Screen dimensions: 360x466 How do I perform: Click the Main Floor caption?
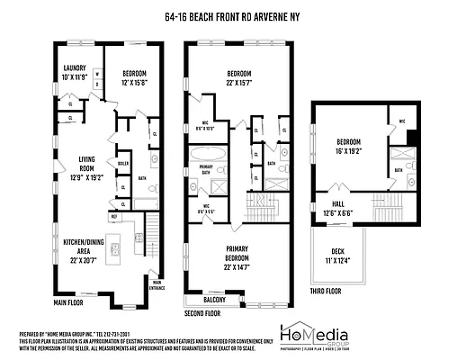click(68, 303)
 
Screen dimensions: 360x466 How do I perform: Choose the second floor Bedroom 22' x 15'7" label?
click(237, 76)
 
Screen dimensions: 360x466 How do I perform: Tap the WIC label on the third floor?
click(402, 121)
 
